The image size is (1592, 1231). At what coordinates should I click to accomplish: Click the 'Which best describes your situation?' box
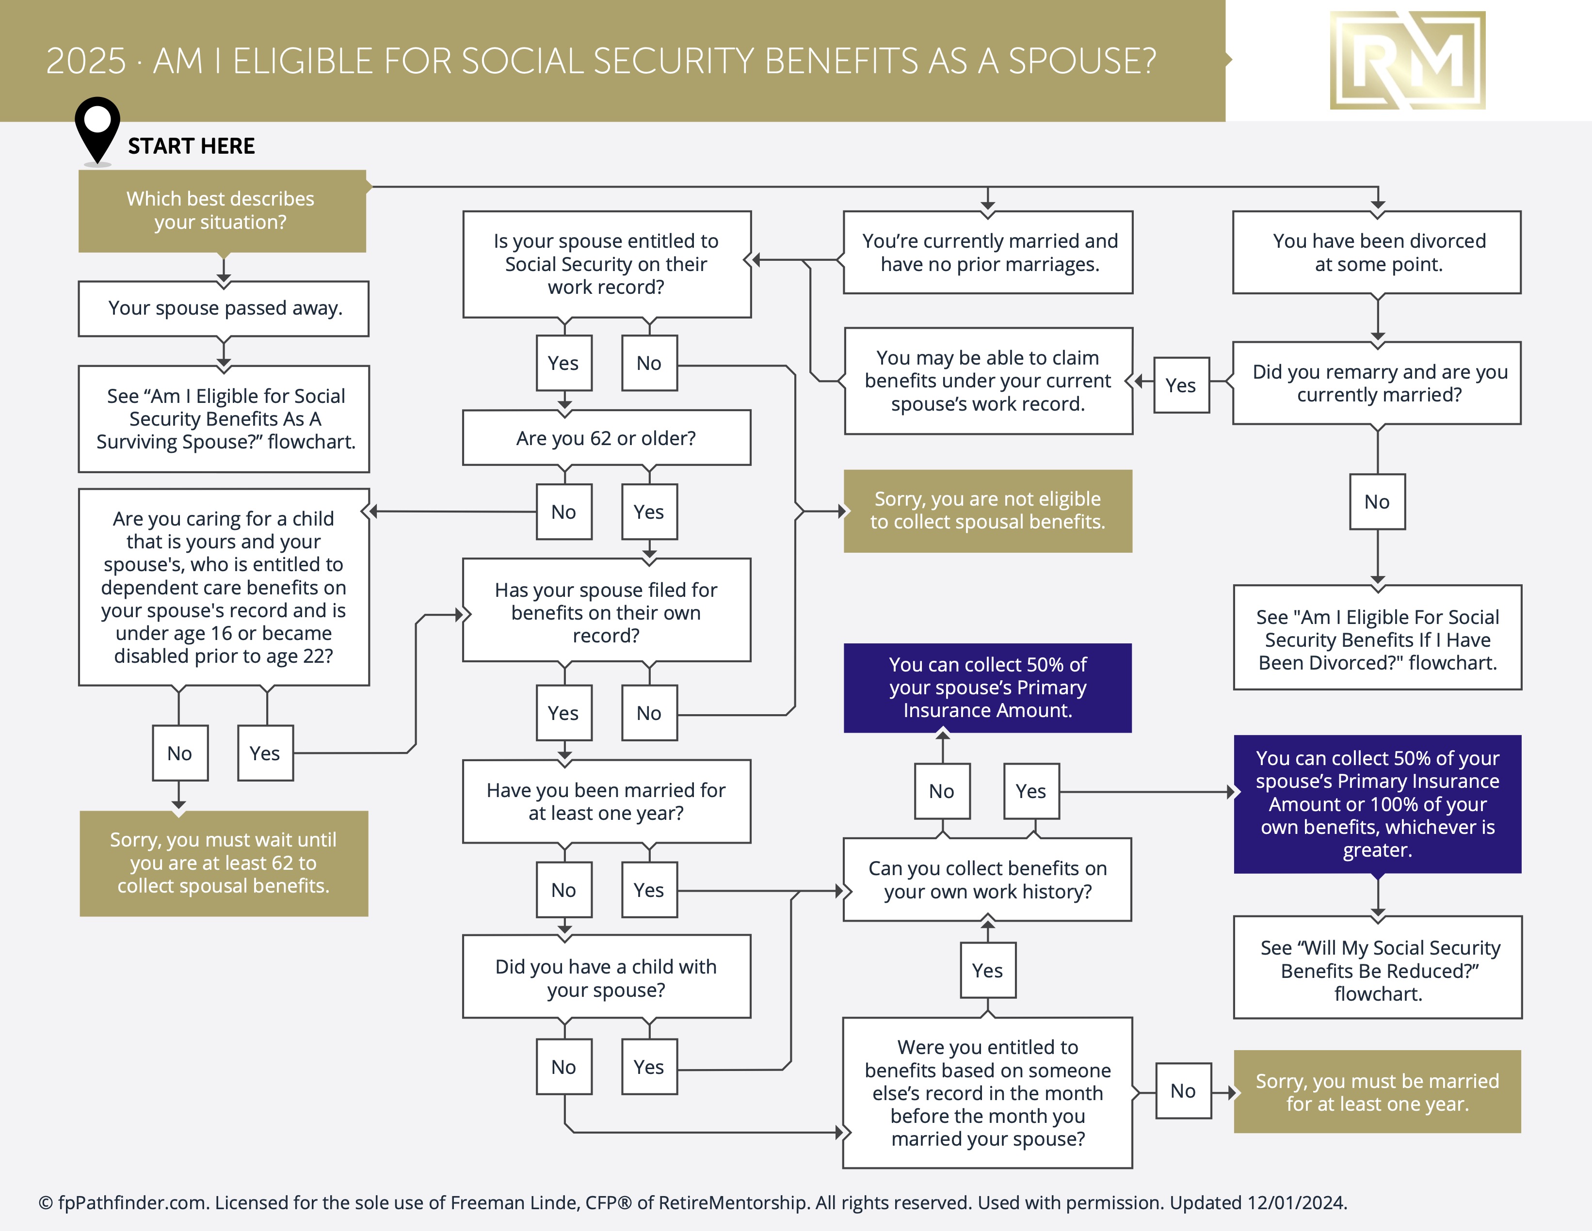[x=222, y=210]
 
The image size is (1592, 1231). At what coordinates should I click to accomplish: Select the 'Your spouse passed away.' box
[x=224, y=308]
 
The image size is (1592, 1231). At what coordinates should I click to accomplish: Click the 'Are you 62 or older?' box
[x=606, y=438]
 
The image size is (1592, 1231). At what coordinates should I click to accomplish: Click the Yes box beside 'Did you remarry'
[x=1181, y=385]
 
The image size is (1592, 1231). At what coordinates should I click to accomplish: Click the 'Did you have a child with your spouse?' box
[x=606, y=977]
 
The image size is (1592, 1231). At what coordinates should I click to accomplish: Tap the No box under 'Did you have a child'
[x=563, y=1067]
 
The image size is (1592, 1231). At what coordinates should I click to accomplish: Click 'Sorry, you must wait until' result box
[x=224, y=863]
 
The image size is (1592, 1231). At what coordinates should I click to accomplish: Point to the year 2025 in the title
[x=86, y=61]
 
